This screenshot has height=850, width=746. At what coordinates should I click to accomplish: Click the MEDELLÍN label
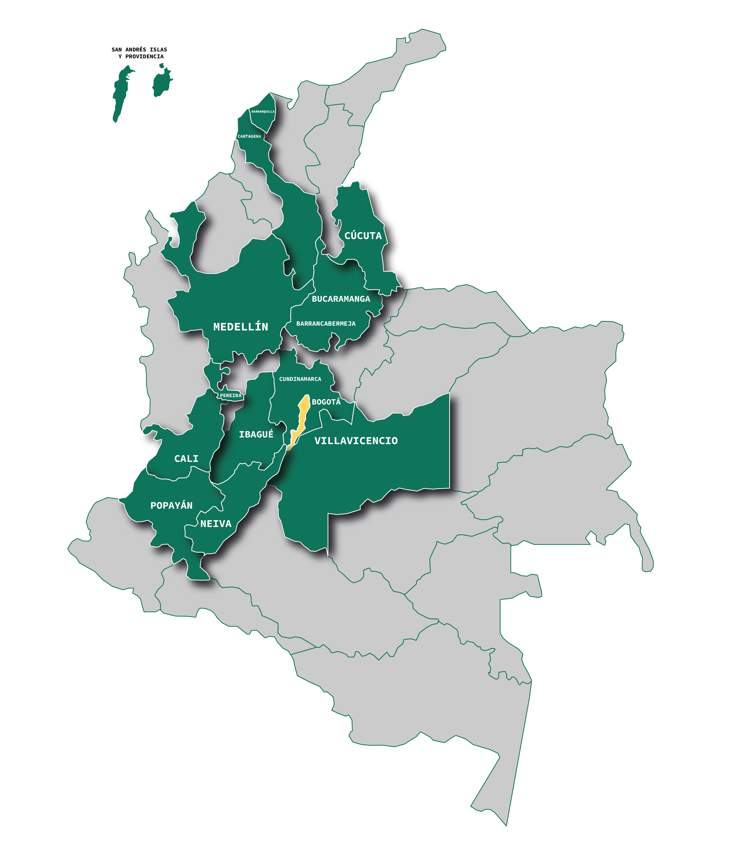coord(241,327)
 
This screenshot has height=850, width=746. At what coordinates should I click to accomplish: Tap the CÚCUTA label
coord(363,236)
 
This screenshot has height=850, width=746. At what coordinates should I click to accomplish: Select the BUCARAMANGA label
coord(341,299)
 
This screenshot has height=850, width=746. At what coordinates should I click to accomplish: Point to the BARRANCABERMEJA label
coord(326,324)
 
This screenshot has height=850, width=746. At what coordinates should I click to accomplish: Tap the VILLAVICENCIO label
coord(356,441)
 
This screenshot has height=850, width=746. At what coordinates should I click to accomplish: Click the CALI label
coord(186,459)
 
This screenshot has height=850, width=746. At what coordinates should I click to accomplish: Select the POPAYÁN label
coord(171,506)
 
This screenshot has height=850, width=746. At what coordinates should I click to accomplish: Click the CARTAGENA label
coord(249,136)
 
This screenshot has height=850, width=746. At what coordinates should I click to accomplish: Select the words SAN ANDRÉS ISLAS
coord(139,50)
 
